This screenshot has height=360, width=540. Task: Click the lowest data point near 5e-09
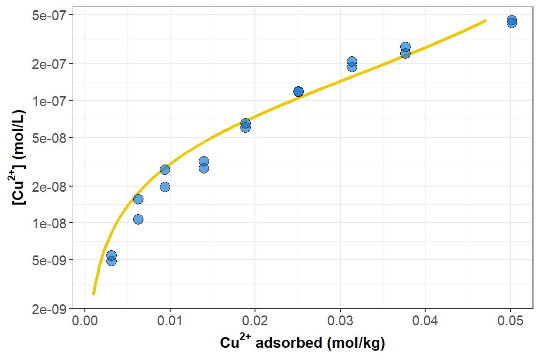click(112, 261)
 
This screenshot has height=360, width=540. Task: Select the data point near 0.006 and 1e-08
click(138, 219)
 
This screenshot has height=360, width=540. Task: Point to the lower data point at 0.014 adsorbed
click(203, 168)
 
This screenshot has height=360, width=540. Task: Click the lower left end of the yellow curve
click(94, 294)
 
